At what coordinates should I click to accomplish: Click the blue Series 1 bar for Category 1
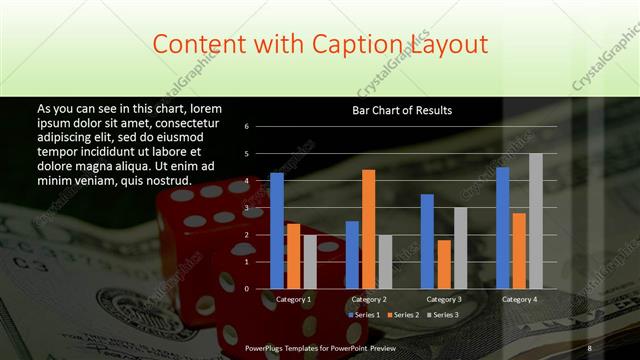[277, 230]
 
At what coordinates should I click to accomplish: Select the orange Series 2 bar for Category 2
[368, 228]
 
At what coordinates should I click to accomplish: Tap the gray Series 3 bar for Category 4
[535, 220]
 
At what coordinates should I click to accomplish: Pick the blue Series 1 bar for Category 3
[427, 241]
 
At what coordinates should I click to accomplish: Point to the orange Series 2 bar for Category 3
[443, 264]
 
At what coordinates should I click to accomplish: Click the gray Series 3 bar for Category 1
[309, 261]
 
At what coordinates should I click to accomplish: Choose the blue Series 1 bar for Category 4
[502, 227]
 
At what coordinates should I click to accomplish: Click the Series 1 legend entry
[363, 315]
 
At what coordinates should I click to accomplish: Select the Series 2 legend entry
[403, 315]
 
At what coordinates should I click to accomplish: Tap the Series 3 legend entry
[442, 315]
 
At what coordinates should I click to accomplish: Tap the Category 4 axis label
[518, 299]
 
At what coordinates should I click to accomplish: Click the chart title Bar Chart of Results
[401, 110]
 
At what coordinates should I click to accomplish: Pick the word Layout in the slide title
[449, 45]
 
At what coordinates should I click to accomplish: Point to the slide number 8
[589, 347]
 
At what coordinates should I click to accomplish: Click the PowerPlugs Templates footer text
[320, 347]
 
